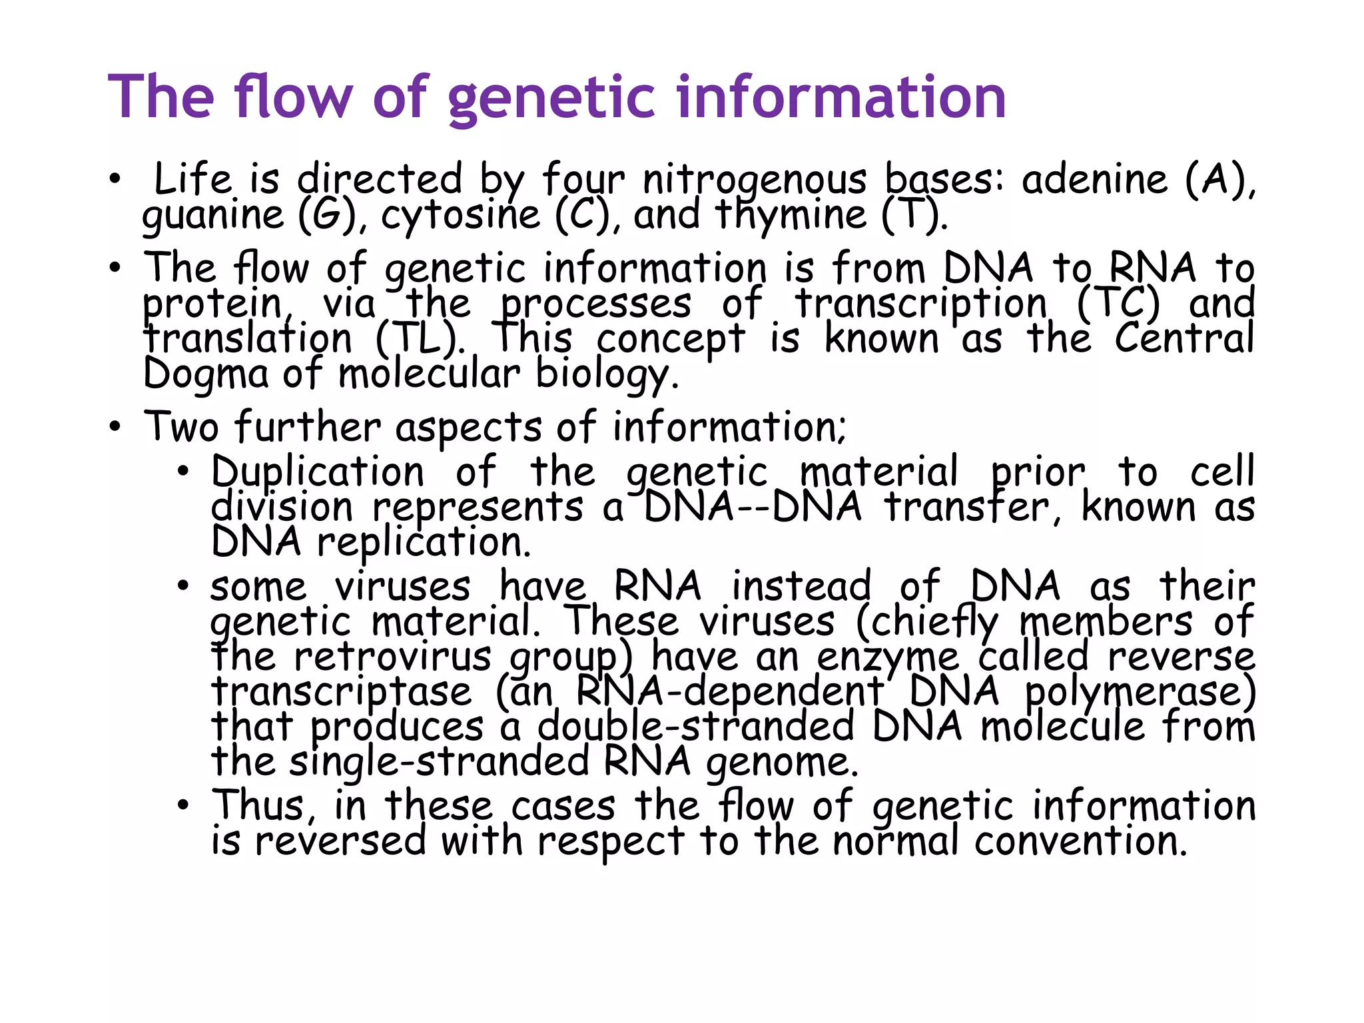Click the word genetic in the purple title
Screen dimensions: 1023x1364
(553, 98)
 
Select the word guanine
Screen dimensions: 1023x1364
(213, 216)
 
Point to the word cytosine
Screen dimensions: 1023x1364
(460, 216)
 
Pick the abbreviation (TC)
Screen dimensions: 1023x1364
(1118, 304)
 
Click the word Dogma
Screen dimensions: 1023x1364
(206, 374)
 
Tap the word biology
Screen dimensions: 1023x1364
(607, 375)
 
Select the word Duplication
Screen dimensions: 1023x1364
(318, 472)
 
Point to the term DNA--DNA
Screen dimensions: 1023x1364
(753, 508)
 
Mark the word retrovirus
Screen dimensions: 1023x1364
(392, 657)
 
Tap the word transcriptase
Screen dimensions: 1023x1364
(342, 691)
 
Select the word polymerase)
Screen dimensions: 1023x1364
(1140, 691)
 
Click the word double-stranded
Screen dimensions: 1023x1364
(695, 726)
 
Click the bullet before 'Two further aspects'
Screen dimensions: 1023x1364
(116, 428)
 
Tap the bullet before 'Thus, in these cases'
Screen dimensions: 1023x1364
(184, 806)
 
